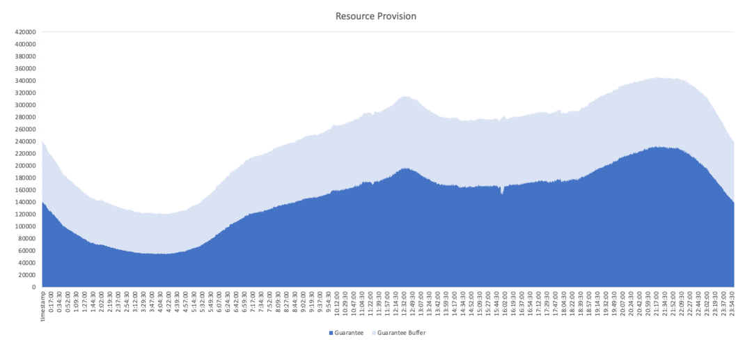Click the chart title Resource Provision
pos(376,16)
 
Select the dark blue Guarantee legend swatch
pos(330,333)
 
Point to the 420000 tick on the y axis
pos(26,32)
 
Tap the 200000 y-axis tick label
pos(26,166)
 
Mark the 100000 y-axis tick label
pos(26,226)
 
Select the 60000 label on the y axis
pos(28,251)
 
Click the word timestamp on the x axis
pos(43,306)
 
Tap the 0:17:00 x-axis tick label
pos(52,304)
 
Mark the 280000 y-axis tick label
pos(26,117)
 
